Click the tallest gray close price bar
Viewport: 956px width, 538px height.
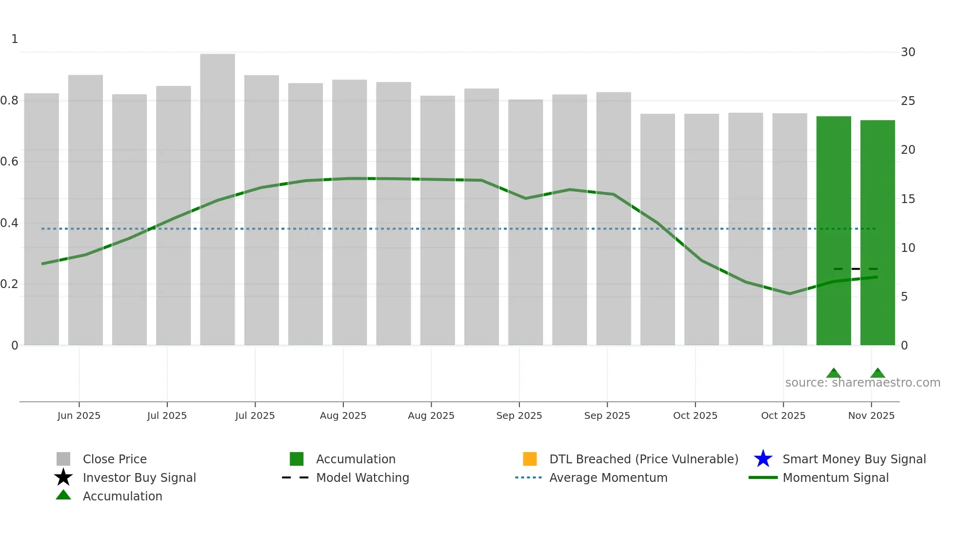point(218,195)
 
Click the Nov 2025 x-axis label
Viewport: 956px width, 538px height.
point(871,415)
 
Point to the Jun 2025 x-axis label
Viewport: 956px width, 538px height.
point(79,415)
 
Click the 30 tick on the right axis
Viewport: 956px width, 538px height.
point(908,52)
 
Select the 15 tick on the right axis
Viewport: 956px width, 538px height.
point(908,199)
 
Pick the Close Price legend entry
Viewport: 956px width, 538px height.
point(115,459)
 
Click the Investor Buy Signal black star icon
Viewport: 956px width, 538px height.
point(63,477)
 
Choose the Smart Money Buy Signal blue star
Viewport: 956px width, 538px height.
point(763,459)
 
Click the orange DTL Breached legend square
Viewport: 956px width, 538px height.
point(530,459)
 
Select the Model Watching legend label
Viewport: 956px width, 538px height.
point(362,477)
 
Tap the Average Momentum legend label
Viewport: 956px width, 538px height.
point(608,477)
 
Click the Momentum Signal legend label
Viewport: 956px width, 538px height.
point(836,477)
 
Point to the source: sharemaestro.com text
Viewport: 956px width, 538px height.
point(862,383)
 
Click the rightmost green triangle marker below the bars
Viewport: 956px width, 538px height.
point(877,373)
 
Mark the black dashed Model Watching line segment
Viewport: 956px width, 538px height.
point(856,269)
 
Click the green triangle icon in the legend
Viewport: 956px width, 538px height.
point(63,495)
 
